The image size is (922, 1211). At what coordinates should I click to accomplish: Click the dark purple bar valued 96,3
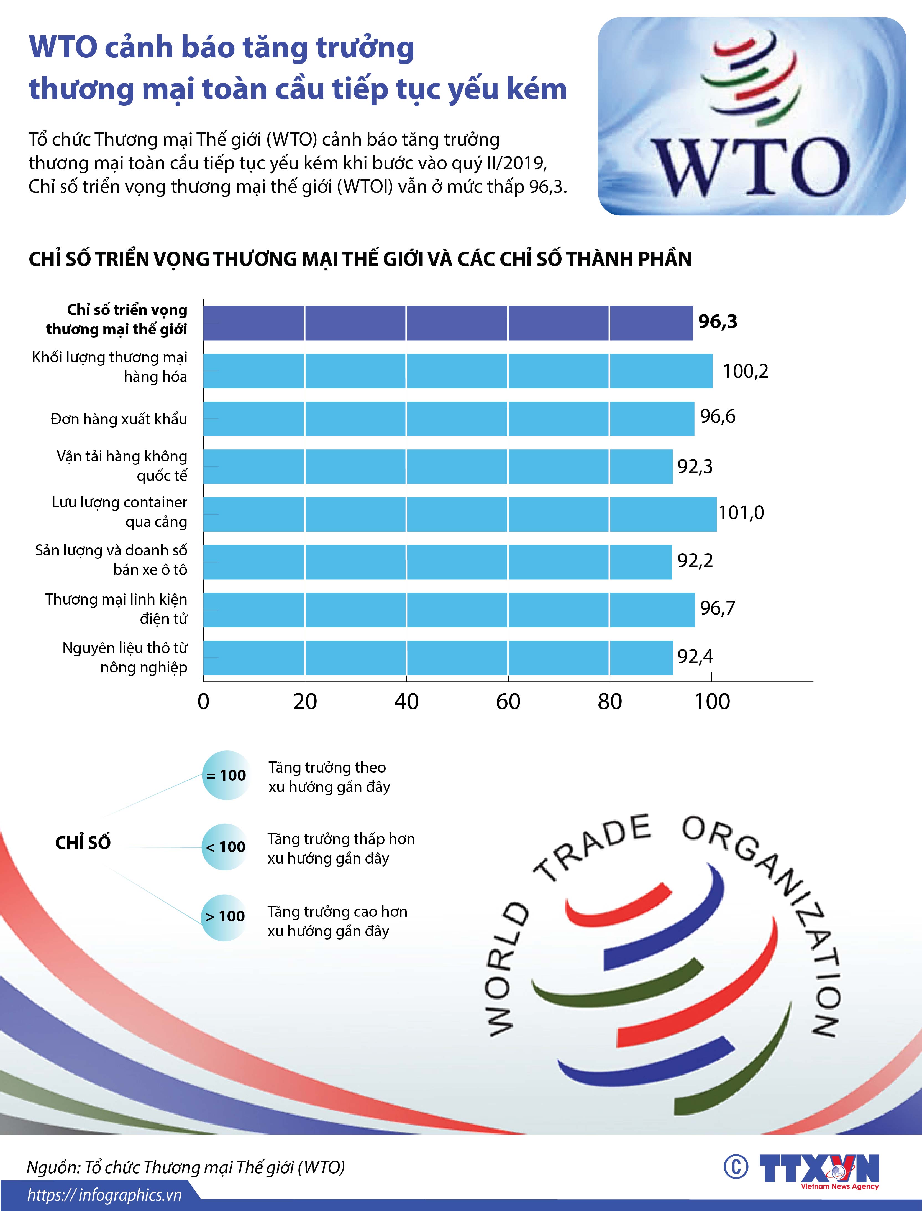pyautogui.click(x=447, y=323)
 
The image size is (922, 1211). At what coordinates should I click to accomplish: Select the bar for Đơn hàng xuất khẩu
pyautogui.click(x=448, y=418)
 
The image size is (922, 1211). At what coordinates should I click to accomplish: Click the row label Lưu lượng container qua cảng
pyautogui.click(x=120, y=512)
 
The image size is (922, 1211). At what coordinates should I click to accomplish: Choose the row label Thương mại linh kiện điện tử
pyautogui.click(x=116, y=608)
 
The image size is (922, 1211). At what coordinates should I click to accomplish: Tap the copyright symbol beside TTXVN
pyautogui.click(x=735, y=1167)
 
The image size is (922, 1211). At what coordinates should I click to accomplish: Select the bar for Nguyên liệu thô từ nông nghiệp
pyautogui.click(x=438, y=657)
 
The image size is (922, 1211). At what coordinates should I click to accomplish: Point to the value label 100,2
pyautogui.click(x=745, y=371)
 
